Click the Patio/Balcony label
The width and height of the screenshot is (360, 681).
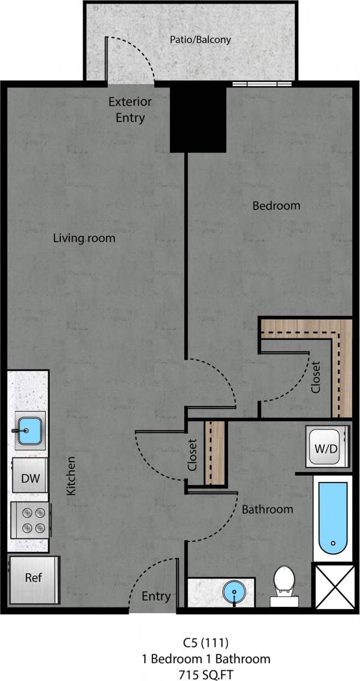(200, 40)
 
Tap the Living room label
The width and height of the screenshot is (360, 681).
(84, 238)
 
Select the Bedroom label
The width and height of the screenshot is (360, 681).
(276, 206)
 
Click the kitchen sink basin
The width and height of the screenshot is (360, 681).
(28, 430)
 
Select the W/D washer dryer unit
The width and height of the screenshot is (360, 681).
(326, 447)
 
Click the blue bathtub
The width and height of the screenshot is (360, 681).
(333, 518)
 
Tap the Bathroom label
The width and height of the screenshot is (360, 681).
(267, 510)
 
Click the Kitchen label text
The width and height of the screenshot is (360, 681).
(71, 476)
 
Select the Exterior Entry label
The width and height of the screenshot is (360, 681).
(130, 110)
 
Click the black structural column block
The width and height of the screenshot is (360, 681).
(198, 119)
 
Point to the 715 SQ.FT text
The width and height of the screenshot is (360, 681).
(205, 674)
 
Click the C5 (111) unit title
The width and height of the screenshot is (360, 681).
(206, 643)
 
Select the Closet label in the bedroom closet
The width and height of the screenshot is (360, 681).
(315, 377)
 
